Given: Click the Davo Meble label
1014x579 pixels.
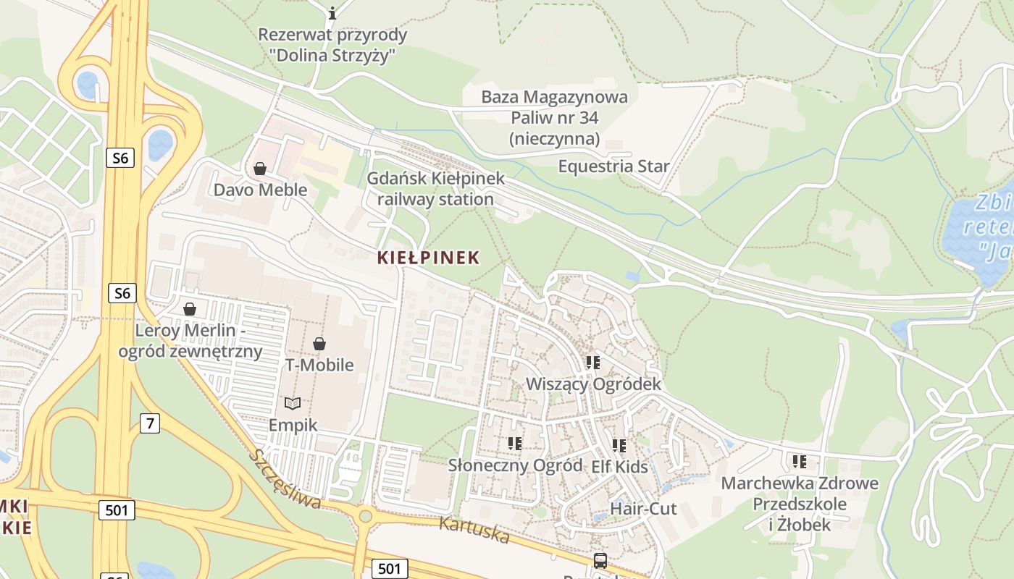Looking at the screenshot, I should pyautogui.click(x=260, y=190).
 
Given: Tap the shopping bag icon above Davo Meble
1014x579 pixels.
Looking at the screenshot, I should pyautogui.click(x=260, y=169).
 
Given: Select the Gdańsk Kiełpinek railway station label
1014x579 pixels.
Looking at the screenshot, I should pyautogui.click(x=435, y=189).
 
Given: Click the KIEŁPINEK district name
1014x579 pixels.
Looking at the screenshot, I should pyautogui.click(x=428, y=258).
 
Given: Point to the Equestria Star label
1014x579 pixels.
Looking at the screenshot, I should pyautogui.click(x=613, y=166).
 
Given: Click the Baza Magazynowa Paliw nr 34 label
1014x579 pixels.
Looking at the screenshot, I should pyautogui.click(x=555, y=117).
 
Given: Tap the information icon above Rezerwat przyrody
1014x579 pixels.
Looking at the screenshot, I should pyautogui.click(x=332, y=13).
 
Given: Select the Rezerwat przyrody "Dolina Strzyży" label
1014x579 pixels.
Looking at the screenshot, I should pyautogui.click(x=332, y=45).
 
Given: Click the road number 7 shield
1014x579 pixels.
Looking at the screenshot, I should pyautogui.click(x=149, y=423).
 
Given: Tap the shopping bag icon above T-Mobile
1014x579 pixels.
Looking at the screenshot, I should pyautogui.click(x=319, y=344).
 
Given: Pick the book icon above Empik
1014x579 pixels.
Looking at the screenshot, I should pyautogui.click(x=293, y=403).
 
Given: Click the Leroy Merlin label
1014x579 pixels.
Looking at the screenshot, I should pyautogui.click(x=190, y=341).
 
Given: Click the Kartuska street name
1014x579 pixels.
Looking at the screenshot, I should pyautogui.click(x=474, y=531).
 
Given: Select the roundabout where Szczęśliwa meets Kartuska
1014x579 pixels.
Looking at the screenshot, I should pyautogui.click(x=365, y=516).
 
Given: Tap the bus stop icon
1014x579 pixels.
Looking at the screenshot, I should pyautogui.click(x=600, y=560).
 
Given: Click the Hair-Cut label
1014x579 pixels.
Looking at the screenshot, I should pyautogui.click(x=643, y=509).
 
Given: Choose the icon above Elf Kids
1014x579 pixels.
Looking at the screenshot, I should pyautogui.click(x=619, y=446).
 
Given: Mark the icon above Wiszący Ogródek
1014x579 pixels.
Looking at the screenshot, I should pyautogui.click(x=593, y=363).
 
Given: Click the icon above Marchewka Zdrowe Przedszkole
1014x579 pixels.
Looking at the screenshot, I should pyautogui.click(x=800, y=462).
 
